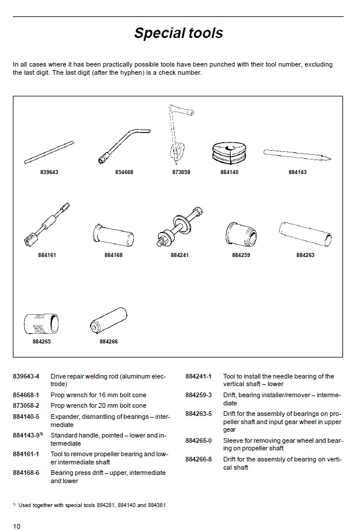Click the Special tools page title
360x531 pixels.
[x=178, y=33]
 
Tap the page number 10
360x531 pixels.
[x=16, y=526]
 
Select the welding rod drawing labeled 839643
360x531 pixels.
[x=49, y=152]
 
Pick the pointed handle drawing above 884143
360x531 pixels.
[x=297, y=155]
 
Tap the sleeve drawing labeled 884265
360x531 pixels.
[x=41, y=323]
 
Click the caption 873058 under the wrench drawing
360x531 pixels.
[x=181, y=173]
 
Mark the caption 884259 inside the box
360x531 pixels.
[x=241, y=255]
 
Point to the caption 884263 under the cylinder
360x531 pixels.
[x=305, y=255]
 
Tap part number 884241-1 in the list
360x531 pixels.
[x=199, y=377]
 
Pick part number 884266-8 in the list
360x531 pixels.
[x=199, y=460]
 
